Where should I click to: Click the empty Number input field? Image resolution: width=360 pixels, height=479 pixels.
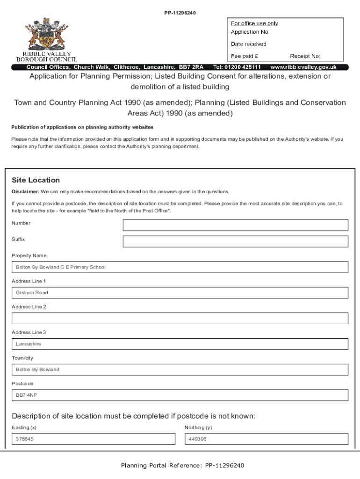(x=235, y=225)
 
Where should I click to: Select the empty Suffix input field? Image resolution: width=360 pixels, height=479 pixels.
(x=235, y=241)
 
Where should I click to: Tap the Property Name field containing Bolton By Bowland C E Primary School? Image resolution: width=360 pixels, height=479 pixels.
(x=180, y=267)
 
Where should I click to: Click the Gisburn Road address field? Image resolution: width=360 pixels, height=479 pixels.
(x=180, y=293)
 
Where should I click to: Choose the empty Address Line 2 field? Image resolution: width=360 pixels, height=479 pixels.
(x=180, y=319)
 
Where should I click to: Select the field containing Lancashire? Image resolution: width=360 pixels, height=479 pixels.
(x=180, y=344)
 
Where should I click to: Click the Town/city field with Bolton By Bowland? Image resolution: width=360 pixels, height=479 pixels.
(x=180, y=370)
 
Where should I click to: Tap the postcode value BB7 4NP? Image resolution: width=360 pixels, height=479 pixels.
(x=27, y=395)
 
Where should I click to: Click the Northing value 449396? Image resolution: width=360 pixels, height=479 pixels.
(x=198, y=439)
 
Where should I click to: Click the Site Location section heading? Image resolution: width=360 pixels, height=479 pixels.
(x=36, y=180)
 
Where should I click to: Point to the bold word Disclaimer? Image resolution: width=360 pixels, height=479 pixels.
(x=25, y=192)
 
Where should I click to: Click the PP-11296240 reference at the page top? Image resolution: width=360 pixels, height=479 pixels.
(x=180, y=13)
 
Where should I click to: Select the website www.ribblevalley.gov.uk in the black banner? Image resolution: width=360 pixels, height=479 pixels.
(x=303, y=67)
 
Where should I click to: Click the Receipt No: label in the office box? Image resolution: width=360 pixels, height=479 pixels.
(x=305, y=56)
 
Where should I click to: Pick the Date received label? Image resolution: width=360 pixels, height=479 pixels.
(x=249, y=44)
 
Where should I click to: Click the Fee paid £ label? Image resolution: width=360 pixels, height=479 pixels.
(x=245, y=56)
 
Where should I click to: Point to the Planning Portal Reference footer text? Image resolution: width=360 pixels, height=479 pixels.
(x=182, y=465)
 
